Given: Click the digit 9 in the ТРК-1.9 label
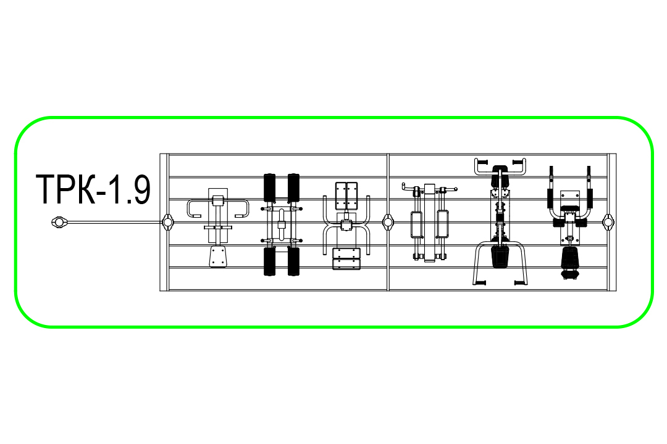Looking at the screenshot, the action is (x=140, y=189).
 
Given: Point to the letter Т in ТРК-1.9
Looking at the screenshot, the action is (x=46, y=189).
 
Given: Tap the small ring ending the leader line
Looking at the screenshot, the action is (x=59, y=222).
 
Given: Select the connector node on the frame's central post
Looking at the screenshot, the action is (x=388, y=222).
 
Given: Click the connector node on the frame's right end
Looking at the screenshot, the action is (x=609, y=222).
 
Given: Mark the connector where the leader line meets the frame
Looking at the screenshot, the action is (x=167, y=222).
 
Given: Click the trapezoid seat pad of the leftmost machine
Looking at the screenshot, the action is (x=218, y=256).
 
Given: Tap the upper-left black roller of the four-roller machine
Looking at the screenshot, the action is (x=269, y=188).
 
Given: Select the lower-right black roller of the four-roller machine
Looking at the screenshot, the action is (x=293, y=261).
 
